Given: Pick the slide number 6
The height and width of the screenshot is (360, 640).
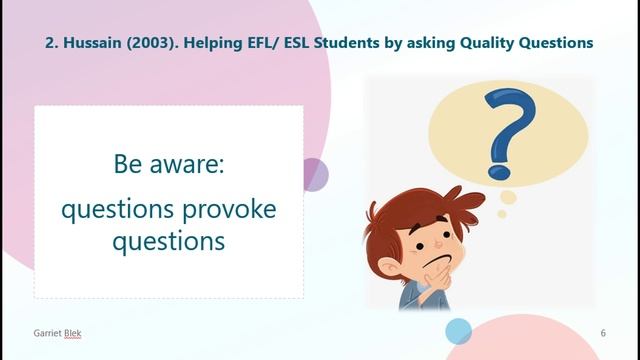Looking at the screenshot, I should (603, 332).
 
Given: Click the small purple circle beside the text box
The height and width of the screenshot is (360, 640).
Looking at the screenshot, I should (314, 174).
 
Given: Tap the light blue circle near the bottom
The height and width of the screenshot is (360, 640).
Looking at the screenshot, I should (458, 330).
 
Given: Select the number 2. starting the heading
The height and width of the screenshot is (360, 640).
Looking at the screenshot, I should (53, 43).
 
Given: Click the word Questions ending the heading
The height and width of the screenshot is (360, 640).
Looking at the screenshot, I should (556, 43).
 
